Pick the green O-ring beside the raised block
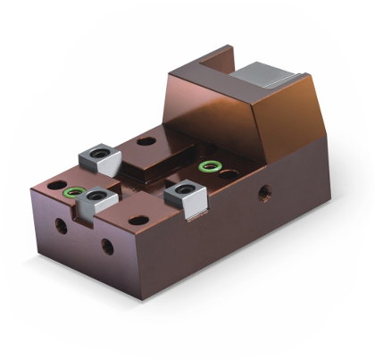[x=211, y=166]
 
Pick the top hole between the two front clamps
[x=136, y=220]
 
